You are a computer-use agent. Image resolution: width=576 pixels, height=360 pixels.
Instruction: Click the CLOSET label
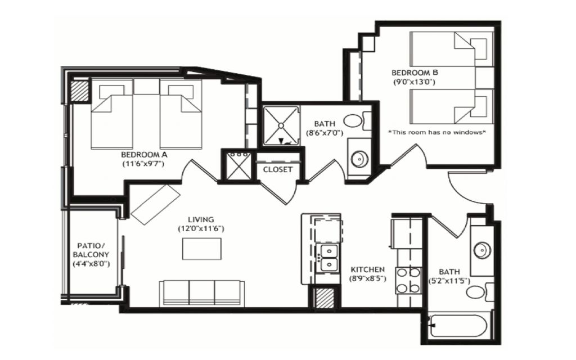coord(278,169)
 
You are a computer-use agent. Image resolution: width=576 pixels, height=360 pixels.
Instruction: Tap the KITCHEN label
coord(367,269)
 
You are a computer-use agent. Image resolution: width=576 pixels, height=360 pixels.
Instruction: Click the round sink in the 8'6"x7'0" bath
coord(359,159)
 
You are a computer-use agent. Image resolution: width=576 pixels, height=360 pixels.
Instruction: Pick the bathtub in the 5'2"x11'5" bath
coord(460,326)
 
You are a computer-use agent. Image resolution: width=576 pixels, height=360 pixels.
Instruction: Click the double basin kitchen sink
coord(327,257)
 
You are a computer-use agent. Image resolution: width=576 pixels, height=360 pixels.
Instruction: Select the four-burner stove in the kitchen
coord(409,280)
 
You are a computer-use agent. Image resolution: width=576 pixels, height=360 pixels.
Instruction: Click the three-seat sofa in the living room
coord(202,291)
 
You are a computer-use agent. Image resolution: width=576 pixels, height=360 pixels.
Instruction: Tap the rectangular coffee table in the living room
coord(201,249)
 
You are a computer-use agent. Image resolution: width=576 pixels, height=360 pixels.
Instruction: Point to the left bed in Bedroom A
coord(112,115)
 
